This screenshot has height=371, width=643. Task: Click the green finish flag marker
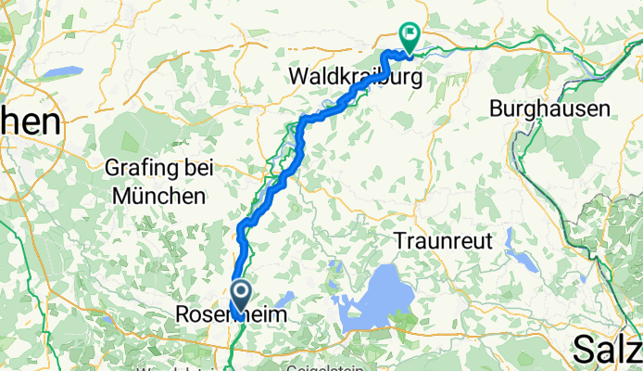(x=409, y=35)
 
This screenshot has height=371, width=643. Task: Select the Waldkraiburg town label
(x=353, y=73)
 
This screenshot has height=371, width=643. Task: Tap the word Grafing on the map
(x=149, y=169)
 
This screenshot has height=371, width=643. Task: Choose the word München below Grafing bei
(x=159, y=196)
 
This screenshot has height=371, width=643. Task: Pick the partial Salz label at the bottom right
(x=607, y=350)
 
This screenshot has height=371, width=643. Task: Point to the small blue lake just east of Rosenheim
(x=284, y=297)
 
